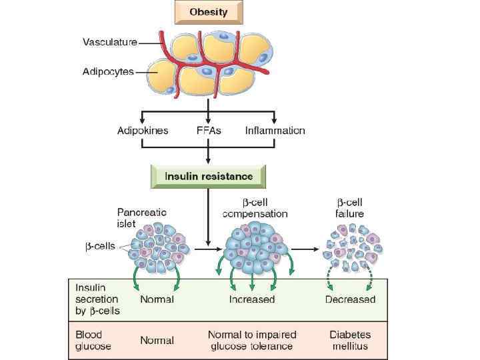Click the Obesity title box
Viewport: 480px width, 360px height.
coord(209,11)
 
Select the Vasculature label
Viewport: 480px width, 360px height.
coord(110,42)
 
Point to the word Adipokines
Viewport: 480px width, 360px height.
coord(143,131)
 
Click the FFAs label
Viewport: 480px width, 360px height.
coord(209,131)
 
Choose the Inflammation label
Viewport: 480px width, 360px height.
coord(275,131)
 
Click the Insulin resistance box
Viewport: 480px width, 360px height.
coord(209,177)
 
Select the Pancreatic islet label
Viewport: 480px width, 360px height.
coord(142,217)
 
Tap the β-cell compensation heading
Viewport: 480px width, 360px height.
coord(255,209)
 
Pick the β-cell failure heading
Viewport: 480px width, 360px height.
coord(349,209)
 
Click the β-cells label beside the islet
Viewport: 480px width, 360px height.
coord(100,246)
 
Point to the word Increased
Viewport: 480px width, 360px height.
coord(252,299)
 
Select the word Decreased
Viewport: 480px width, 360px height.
coord(350,299)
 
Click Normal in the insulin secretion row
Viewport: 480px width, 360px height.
coord(157,299)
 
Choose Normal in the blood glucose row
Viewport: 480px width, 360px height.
coord(157,340)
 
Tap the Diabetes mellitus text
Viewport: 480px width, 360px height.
coord(349,340)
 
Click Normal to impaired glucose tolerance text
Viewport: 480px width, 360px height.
coord(252,340)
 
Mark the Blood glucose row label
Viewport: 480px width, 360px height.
coord(93,341)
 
